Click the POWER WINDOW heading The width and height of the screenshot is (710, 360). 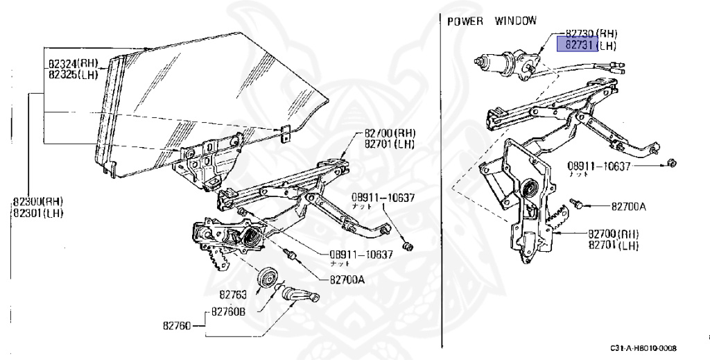(492, 21)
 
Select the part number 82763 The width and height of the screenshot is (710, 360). (234, 294)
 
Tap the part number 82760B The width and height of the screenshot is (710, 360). (228, 311)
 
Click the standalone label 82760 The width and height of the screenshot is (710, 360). (177, 324)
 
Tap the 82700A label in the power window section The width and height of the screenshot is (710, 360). (629, 206)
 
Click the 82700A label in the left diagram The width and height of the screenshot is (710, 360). (347, 280)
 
